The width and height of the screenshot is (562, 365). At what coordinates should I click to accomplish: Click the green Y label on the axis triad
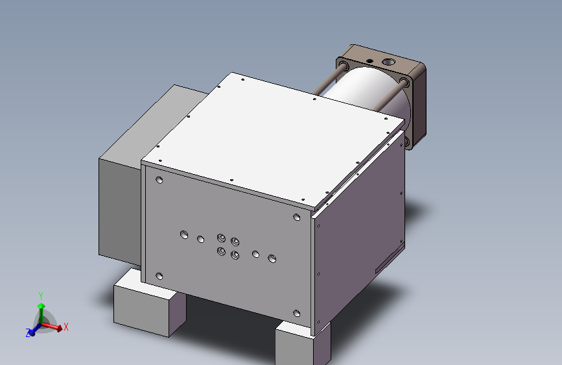click(x=40, y=295)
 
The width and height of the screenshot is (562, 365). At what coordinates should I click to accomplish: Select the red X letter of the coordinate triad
click(x=66, y=327)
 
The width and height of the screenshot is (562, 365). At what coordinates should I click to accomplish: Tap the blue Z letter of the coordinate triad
click(x=29, y=333)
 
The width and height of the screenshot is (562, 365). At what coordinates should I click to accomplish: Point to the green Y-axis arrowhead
click(x=41, y=305)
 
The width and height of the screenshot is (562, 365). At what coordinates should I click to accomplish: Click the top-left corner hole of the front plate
click(x=159, y=180)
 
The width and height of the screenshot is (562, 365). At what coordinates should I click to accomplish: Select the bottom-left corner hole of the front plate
click(x=159, y=276)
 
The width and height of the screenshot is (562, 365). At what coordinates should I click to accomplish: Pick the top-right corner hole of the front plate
click(x=297, y=218)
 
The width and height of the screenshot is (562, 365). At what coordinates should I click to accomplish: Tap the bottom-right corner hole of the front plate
click(x=297, y=314)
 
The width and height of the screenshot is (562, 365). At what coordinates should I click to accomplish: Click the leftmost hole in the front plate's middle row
click(x=184, y=233)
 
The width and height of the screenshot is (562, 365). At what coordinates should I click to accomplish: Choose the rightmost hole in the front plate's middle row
click(x=272, y=258)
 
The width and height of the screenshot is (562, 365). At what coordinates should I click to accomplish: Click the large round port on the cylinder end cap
click(x=389, y=62)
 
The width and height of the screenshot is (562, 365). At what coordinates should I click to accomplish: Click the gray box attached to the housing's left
click(x=120, y=208)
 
